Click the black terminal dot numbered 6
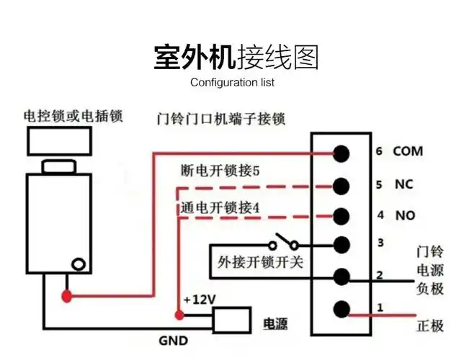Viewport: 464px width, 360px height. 342,153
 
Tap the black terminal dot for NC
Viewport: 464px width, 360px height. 342,184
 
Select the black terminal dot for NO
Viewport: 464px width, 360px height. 342,215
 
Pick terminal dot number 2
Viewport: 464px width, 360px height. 342,276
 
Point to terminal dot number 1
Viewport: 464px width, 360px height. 342,310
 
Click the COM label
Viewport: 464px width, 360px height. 407,152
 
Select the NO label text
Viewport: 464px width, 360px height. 404,215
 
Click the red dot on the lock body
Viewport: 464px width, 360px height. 67,295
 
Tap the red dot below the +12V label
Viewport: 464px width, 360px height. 178,315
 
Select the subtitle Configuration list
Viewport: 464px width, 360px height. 232,82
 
